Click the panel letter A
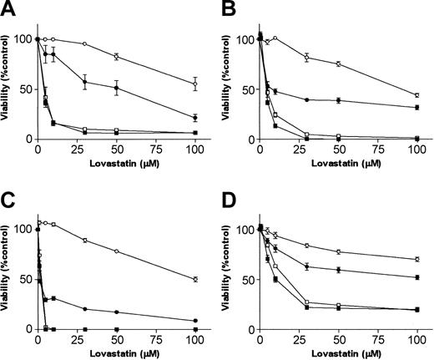[8, 10]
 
